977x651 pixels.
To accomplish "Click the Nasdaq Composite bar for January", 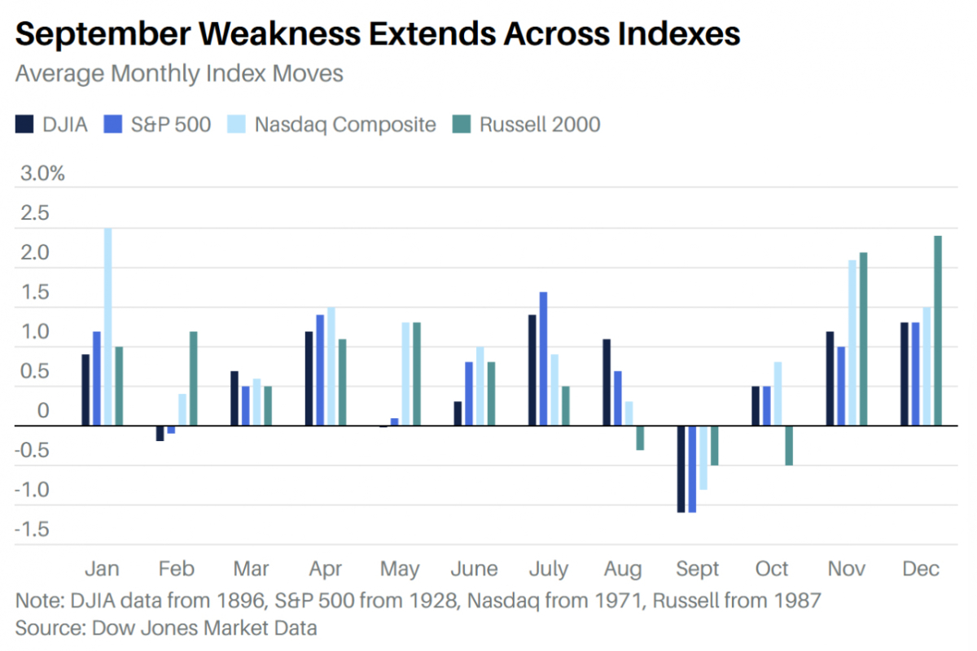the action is [107, 326].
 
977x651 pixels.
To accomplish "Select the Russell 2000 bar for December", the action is [938, 330].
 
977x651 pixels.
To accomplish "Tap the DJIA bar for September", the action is [681, 469].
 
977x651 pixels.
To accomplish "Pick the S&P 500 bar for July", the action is [544, 359].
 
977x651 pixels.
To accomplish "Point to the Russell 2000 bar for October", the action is [789, 446].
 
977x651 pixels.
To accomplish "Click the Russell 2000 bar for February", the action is [193, 378].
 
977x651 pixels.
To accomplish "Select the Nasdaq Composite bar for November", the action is [852, 343].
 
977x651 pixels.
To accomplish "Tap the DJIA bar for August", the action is [607, 382].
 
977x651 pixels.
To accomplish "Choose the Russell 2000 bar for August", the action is [640, 438].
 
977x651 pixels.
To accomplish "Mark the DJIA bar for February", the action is [160, 434].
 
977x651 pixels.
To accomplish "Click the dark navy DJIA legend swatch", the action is [24, 125].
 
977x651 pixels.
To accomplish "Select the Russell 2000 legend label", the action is [540, 125].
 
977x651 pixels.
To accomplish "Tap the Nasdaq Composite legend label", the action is [345, 125].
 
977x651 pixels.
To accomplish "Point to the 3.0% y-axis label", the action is [42, 173].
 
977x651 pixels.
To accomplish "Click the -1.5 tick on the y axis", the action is [32, 530].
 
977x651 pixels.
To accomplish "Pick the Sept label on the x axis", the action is [698, 569].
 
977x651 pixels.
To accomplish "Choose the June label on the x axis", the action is [474, 569].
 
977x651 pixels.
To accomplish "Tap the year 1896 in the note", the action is [241, 601].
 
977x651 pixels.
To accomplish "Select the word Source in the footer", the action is [50, 628].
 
